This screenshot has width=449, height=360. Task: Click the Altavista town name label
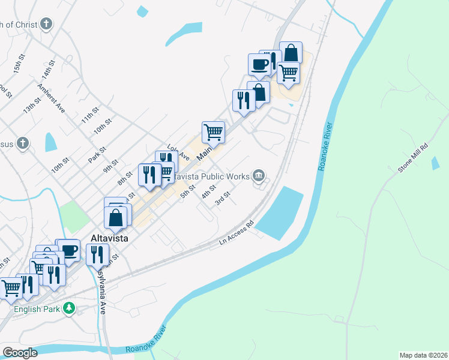tap(110, 238)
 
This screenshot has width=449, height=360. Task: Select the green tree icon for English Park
tap(70, 308)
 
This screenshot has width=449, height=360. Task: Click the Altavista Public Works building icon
tap(259, 175)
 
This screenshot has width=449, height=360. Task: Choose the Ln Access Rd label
tap(237, 231)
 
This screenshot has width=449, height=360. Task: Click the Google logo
tap(20, 352)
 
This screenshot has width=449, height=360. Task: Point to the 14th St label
tap(49, 70)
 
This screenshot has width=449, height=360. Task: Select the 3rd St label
tap(223, 199)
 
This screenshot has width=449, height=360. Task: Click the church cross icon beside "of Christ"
tap(46, 25)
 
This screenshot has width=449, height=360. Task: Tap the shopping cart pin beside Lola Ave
tap(214, 131)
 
